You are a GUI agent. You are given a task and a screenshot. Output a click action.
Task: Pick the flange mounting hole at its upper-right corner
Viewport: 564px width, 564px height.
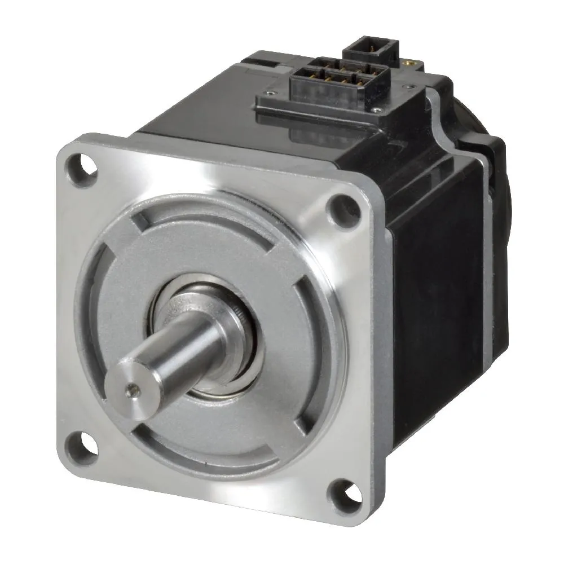tap(344, 208)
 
